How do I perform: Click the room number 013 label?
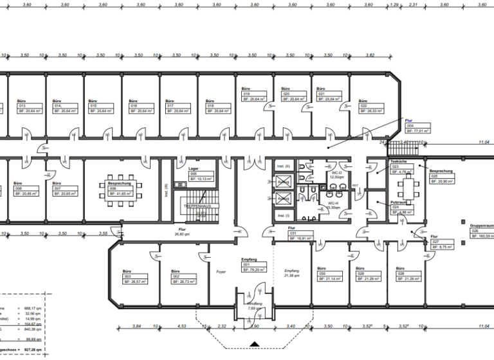pyautogui.click(x=18, y=106)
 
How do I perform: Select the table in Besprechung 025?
pyautogui.click(x=407, y=188)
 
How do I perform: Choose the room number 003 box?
pyautogui.click(x=127, y=276)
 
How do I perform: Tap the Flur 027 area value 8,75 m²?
pyautogui.click(x=446, y=246)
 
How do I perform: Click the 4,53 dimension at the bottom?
pyautogui.click(x=183, y=327)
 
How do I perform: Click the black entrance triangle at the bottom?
pyautogui.click(x=255, y=346)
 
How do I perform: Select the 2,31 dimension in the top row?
pyautogui.click(x=414, y=4)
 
